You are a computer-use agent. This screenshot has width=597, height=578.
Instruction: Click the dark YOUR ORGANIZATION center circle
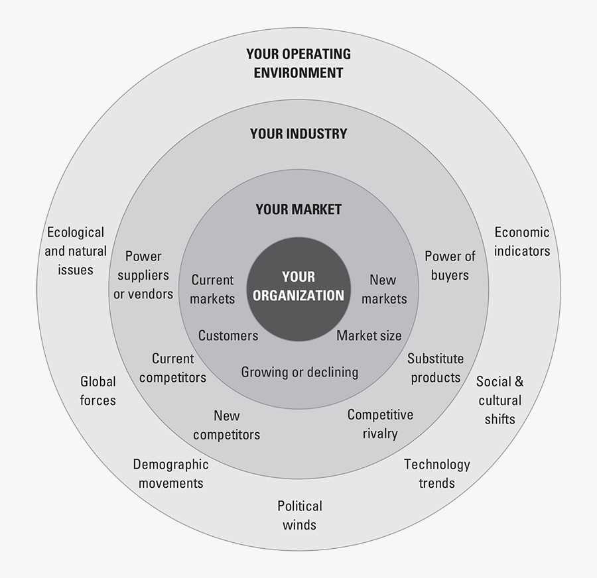coord(298,286)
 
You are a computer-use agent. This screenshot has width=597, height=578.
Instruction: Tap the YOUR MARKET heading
coord(298,209)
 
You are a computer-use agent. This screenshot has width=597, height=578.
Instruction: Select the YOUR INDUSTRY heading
coord(298,133)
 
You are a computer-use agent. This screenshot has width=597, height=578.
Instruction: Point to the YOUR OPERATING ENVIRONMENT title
coord(298,63)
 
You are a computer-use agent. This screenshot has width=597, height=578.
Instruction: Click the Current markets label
coord(212,289)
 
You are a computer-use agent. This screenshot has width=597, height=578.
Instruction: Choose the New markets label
coord(384,289)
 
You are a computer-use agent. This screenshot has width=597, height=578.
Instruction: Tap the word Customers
coord(228,335)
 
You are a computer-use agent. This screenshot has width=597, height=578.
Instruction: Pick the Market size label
coord(369,335)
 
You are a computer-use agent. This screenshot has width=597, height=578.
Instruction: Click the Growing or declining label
coord(299,372)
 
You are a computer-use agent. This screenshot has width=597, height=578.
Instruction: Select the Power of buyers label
coord(450,265)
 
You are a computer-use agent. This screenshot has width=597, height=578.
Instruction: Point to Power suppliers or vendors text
coord(143,274)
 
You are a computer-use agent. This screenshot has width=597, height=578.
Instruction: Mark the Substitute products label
coord(436,368)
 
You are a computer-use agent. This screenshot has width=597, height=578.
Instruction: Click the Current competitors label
coord(172,368)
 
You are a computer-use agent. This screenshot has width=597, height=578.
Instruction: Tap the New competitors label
coord(226,425)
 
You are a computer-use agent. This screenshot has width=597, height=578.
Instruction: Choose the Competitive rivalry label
coord(380,424)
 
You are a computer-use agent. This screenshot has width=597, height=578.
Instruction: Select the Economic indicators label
coord(522,241)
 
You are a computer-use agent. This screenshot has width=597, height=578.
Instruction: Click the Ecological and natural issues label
coord(75,251)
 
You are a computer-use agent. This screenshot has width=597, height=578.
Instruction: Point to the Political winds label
coord(300,515)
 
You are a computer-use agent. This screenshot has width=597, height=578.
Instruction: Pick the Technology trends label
coord(437,473)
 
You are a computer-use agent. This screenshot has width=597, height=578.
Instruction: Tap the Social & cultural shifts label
coord(499,400)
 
